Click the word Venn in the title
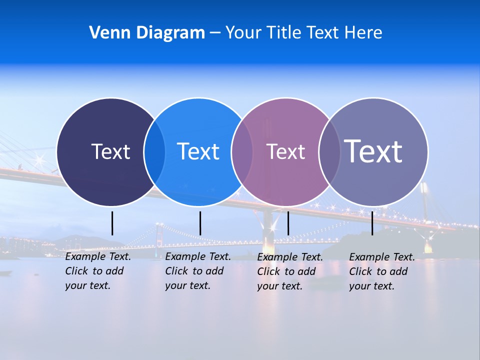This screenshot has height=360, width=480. pyautogui.click(x=104, y=33)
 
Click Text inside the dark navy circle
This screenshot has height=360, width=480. pyautogui.click(x=110, y=151)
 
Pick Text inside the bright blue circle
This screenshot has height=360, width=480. pyautogui.click(x=198, y=151)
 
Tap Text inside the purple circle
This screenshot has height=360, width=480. pyautogui.click(x=285, y=152)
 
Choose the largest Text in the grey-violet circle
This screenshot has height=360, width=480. pyautogui.click(x=373, y=151)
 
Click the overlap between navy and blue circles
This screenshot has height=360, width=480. pyautogui.click(x=154, y=152)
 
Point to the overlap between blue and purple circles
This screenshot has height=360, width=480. pyautogui.click(x=242, y=152)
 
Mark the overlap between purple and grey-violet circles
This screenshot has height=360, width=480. pyautogui.click(x=329, y=152)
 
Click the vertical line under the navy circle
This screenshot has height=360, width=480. pyautogui.click(x=112, y=223)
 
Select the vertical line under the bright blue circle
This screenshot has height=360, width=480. pyautogui.click(x=200, y=223)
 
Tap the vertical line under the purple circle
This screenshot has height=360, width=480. pyautogui.click(x=288, y=223)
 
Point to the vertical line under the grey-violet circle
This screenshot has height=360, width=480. pyautogui.click(x=372, y=223)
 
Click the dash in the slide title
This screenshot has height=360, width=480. pyautogui.click(x=215, y=33)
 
